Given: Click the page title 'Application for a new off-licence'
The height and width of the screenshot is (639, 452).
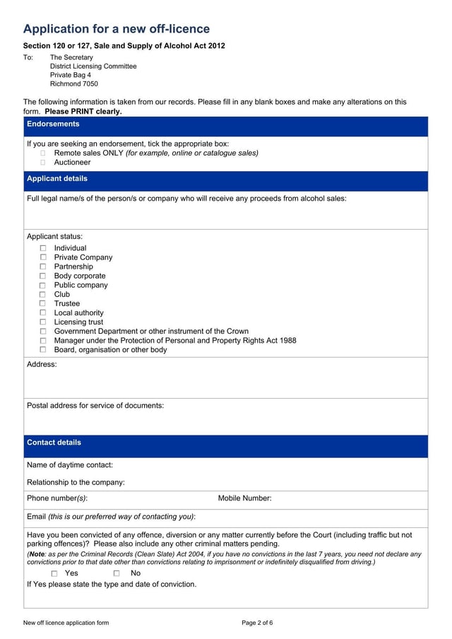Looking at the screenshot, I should (117, 29).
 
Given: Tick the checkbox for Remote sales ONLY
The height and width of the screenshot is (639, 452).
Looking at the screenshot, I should (43, 153).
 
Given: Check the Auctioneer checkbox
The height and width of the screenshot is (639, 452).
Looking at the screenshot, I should (43, 162).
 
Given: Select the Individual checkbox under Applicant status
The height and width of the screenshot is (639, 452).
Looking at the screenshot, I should (43, 248).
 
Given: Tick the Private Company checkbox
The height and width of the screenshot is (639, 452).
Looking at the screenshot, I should (43, 257).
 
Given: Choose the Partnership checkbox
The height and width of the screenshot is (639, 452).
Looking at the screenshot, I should (43, 266).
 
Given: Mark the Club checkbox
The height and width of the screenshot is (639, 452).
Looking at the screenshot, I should (43, 294).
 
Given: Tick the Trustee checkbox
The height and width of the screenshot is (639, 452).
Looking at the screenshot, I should (43, 303).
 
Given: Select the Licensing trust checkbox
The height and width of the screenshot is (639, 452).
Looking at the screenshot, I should (43, 322).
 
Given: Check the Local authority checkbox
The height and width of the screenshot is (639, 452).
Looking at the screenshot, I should (43, 312).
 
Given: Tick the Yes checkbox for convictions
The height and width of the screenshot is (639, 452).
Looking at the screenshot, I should (54, 573).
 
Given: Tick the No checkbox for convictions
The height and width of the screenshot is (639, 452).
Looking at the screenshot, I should (117, 573).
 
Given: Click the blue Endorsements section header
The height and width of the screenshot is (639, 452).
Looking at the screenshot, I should (225, 124).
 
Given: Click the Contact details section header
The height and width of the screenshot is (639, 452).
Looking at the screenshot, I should (225, 443).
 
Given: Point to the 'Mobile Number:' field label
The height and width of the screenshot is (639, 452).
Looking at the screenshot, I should (244, 498).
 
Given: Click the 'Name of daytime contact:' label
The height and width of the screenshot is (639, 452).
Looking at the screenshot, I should (70, 465).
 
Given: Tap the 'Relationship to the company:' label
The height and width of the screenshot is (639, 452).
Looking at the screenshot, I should (76, 482).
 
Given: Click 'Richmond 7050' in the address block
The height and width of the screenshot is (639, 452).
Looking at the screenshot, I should (74, 84).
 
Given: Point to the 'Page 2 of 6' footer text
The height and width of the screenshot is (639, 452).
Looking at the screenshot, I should (257, 623).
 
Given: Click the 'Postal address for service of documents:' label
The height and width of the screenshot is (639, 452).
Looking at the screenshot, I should (95, 406).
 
